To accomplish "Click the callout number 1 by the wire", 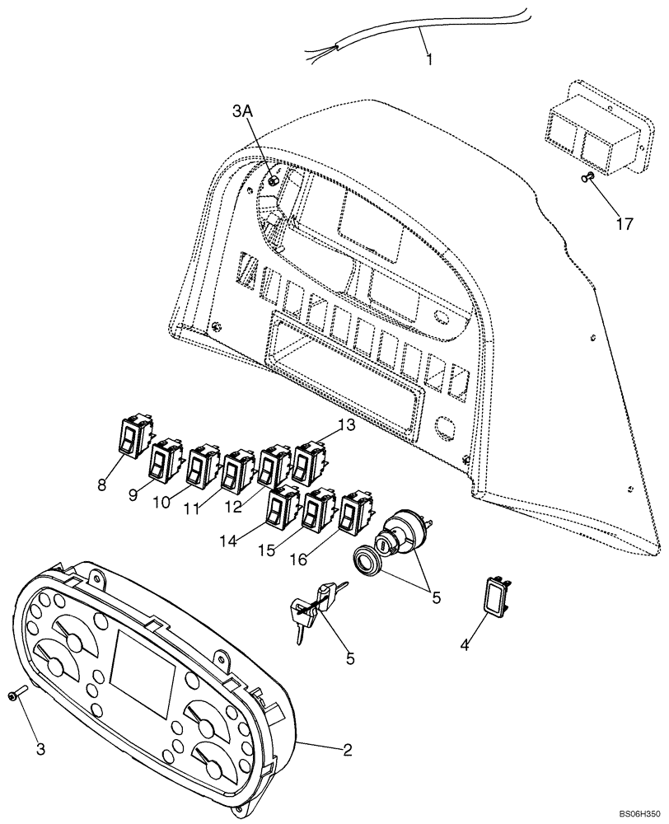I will click(428, 59).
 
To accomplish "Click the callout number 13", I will click(347, 425).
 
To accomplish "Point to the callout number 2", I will click(348, 749).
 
